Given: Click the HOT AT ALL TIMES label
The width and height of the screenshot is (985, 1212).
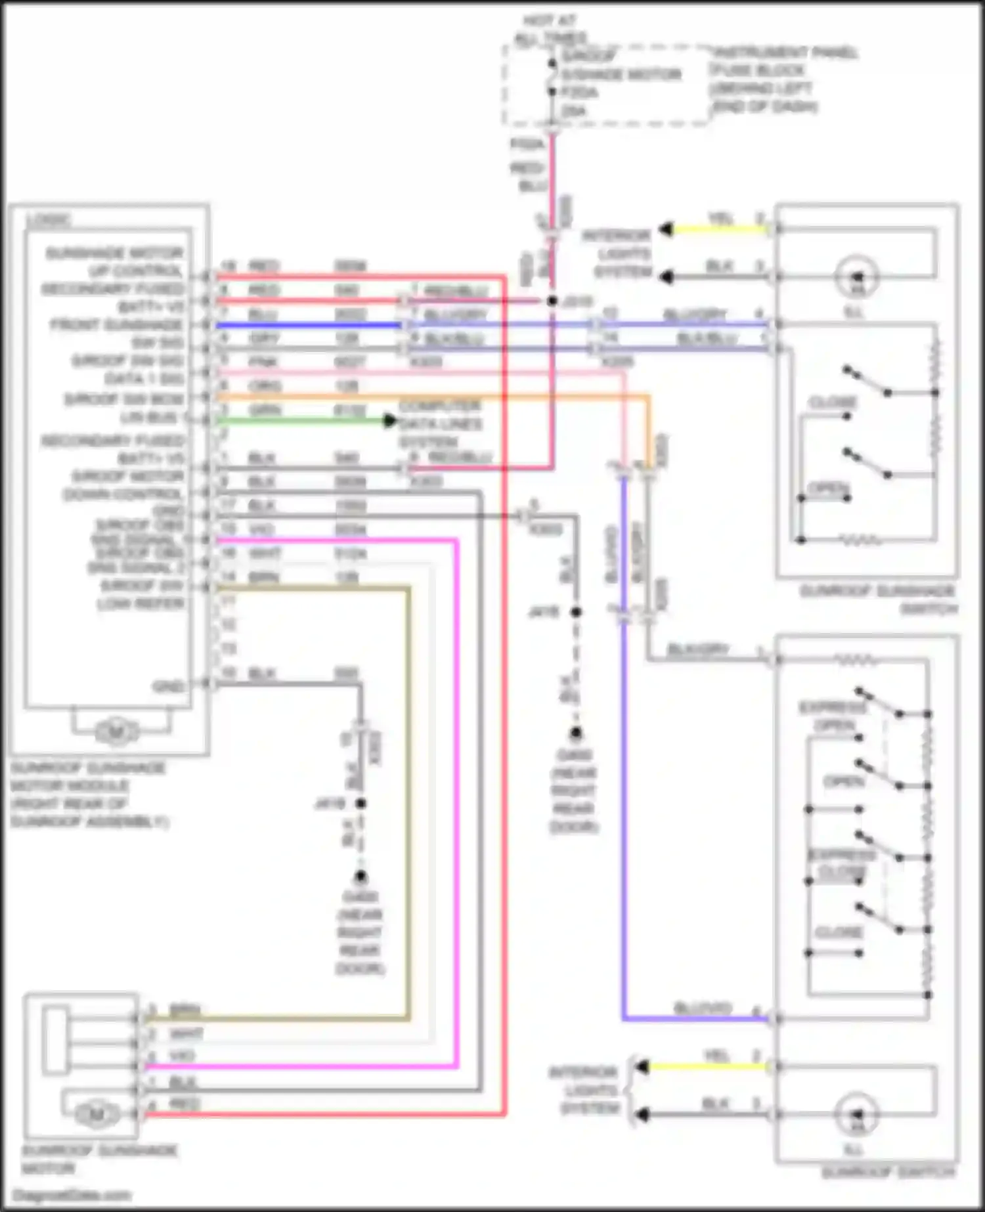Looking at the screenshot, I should (x=550, y=30).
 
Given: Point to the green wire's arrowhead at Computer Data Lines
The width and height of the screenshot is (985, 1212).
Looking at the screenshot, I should (x=390, y=420).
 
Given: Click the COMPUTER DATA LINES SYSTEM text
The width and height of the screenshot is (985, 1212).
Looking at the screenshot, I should (x=440, y=424).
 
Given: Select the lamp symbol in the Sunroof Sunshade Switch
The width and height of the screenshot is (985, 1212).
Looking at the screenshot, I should (x=857, y=276).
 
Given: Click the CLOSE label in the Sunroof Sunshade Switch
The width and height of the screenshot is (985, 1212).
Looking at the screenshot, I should (x=833, y=402).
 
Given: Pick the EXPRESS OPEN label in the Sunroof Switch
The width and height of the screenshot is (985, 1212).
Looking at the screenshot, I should (x=833, y=716).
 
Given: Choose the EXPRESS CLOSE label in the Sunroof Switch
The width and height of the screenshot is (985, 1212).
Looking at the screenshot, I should (x=841, y=864).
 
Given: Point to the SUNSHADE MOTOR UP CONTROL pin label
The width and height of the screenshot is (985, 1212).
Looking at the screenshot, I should (x=115, y=262).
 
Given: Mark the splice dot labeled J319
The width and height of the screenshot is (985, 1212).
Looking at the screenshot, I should (x=552, y=301).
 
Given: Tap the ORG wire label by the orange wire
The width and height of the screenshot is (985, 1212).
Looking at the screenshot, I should (x=265, y=386).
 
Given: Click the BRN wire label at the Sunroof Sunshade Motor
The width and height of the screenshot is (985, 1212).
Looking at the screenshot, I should (x=185, y=1009).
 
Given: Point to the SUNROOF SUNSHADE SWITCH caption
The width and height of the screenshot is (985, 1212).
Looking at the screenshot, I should (x=879, y=599).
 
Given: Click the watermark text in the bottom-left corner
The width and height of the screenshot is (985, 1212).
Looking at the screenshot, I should (x=72, y=1195).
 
